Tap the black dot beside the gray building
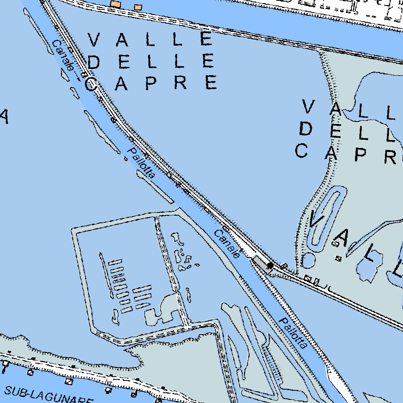[270, 266]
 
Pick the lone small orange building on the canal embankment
[207, 210]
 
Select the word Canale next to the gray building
[227, 244]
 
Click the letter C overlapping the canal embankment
[91, 84]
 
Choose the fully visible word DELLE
[151, 61]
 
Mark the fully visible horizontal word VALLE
[151, 39]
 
